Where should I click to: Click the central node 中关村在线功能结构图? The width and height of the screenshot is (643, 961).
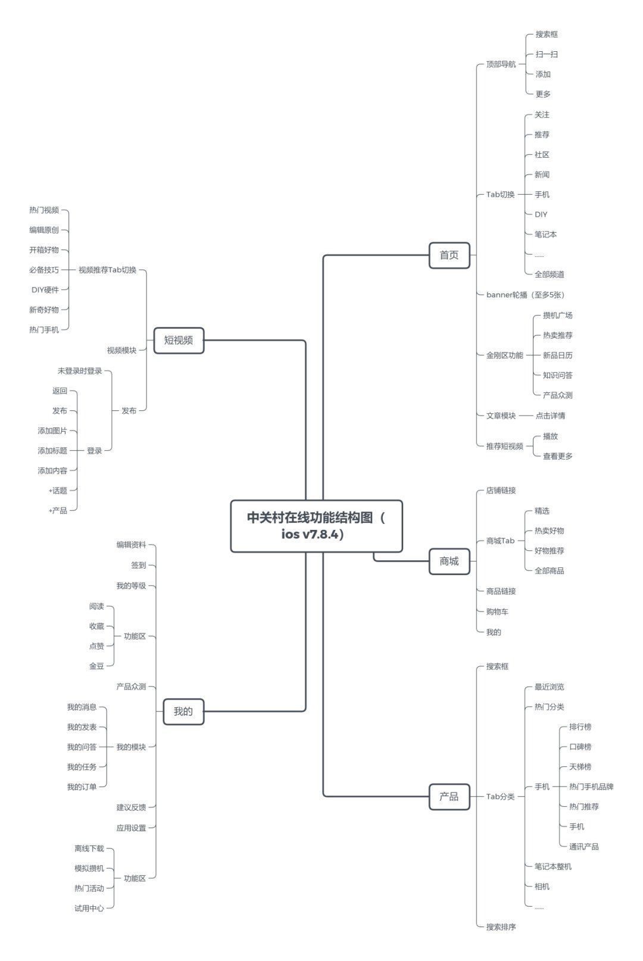317,526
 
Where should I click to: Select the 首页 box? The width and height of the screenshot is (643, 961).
449,255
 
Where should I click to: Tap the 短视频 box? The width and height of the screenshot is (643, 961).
179,340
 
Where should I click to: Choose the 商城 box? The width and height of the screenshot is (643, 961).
449,561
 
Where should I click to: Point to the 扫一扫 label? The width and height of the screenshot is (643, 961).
547,54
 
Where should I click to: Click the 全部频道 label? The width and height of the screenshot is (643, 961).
549,274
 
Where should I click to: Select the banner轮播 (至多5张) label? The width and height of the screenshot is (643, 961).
525,295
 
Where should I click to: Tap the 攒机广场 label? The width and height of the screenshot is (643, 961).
558,316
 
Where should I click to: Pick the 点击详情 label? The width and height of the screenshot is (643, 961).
550,416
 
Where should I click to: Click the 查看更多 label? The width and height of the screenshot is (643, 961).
558,456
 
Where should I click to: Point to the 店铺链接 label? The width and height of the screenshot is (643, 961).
501,491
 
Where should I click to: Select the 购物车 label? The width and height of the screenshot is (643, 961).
497,611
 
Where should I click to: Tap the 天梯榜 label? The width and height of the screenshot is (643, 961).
580,767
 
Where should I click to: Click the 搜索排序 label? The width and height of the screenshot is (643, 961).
501,927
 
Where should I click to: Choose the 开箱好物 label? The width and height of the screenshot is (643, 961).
43,249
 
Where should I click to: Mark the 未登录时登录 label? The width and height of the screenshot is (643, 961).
80,371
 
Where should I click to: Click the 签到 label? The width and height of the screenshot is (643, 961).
139,566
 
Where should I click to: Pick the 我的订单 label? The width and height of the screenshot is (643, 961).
82,787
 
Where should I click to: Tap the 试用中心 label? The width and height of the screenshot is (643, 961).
89,908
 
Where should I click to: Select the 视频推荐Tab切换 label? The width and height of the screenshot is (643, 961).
107,270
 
